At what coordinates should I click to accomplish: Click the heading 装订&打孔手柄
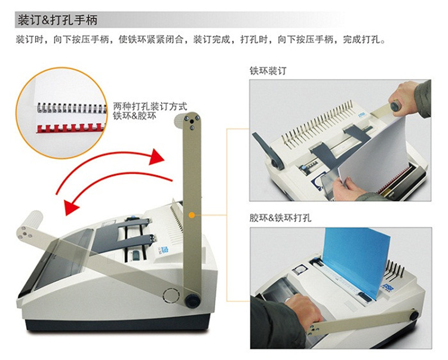[57, 20]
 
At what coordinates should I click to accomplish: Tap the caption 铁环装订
[268, 71]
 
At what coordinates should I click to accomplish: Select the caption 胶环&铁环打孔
[280, 218]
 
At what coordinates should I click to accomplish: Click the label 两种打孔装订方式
[150, 106]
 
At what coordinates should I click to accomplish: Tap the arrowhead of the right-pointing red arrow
[157, 157]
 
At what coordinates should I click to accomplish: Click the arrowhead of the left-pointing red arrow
[72, 207]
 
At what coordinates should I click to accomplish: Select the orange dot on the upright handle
[192, 215]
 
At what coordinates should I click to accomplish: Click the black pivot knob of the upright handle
[192, 300]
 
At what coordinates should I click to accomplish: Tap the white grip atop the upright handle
[180, 119]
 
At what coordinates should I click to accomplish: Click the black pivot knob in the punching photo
[414, 315]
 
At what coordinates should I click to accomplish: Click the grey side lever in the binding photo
[266, 150]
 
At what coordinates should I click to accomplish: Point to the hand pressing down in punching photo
[303, 310]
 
